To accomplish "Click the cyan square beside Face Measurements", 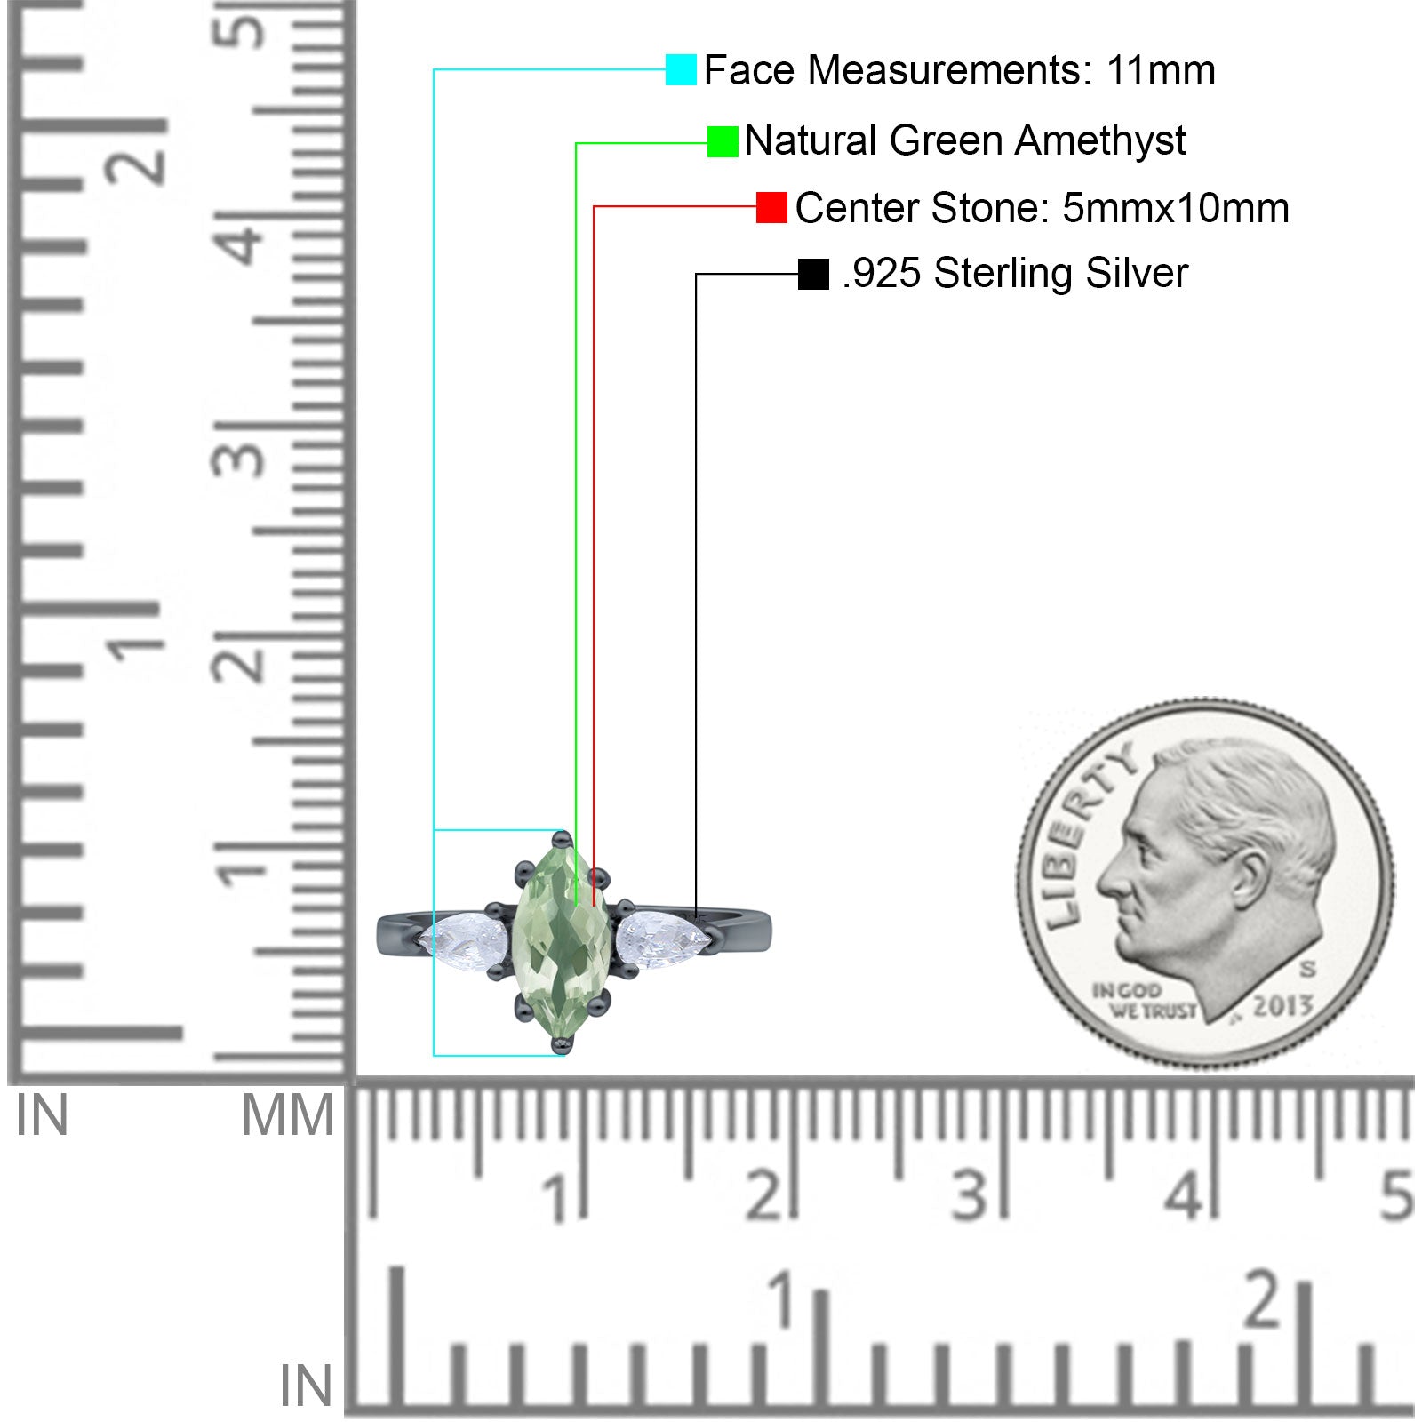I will pos(681,70).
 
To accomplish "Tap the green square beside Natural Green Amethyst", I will pos(723,141).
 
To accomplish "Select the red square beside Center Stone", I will pos(771,208).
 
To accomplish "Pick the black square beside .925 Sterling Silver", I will pos(813,274).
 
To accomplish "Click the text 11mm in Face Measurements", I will pos(1161,71).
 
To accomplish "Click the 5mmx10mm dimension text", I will pos(1175,209).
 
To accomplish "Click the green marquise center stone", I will pos(562,942).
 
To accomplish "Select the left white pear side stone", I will pos(466,937).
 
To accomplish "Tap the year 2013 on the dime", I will pos(1282,1005).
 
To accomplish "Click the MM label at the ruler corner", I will pos(287,1116).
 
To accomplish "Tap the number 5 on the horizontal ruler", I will pos(1395,1195).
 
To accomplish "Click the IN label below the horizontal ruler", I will pos(305,1386).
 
